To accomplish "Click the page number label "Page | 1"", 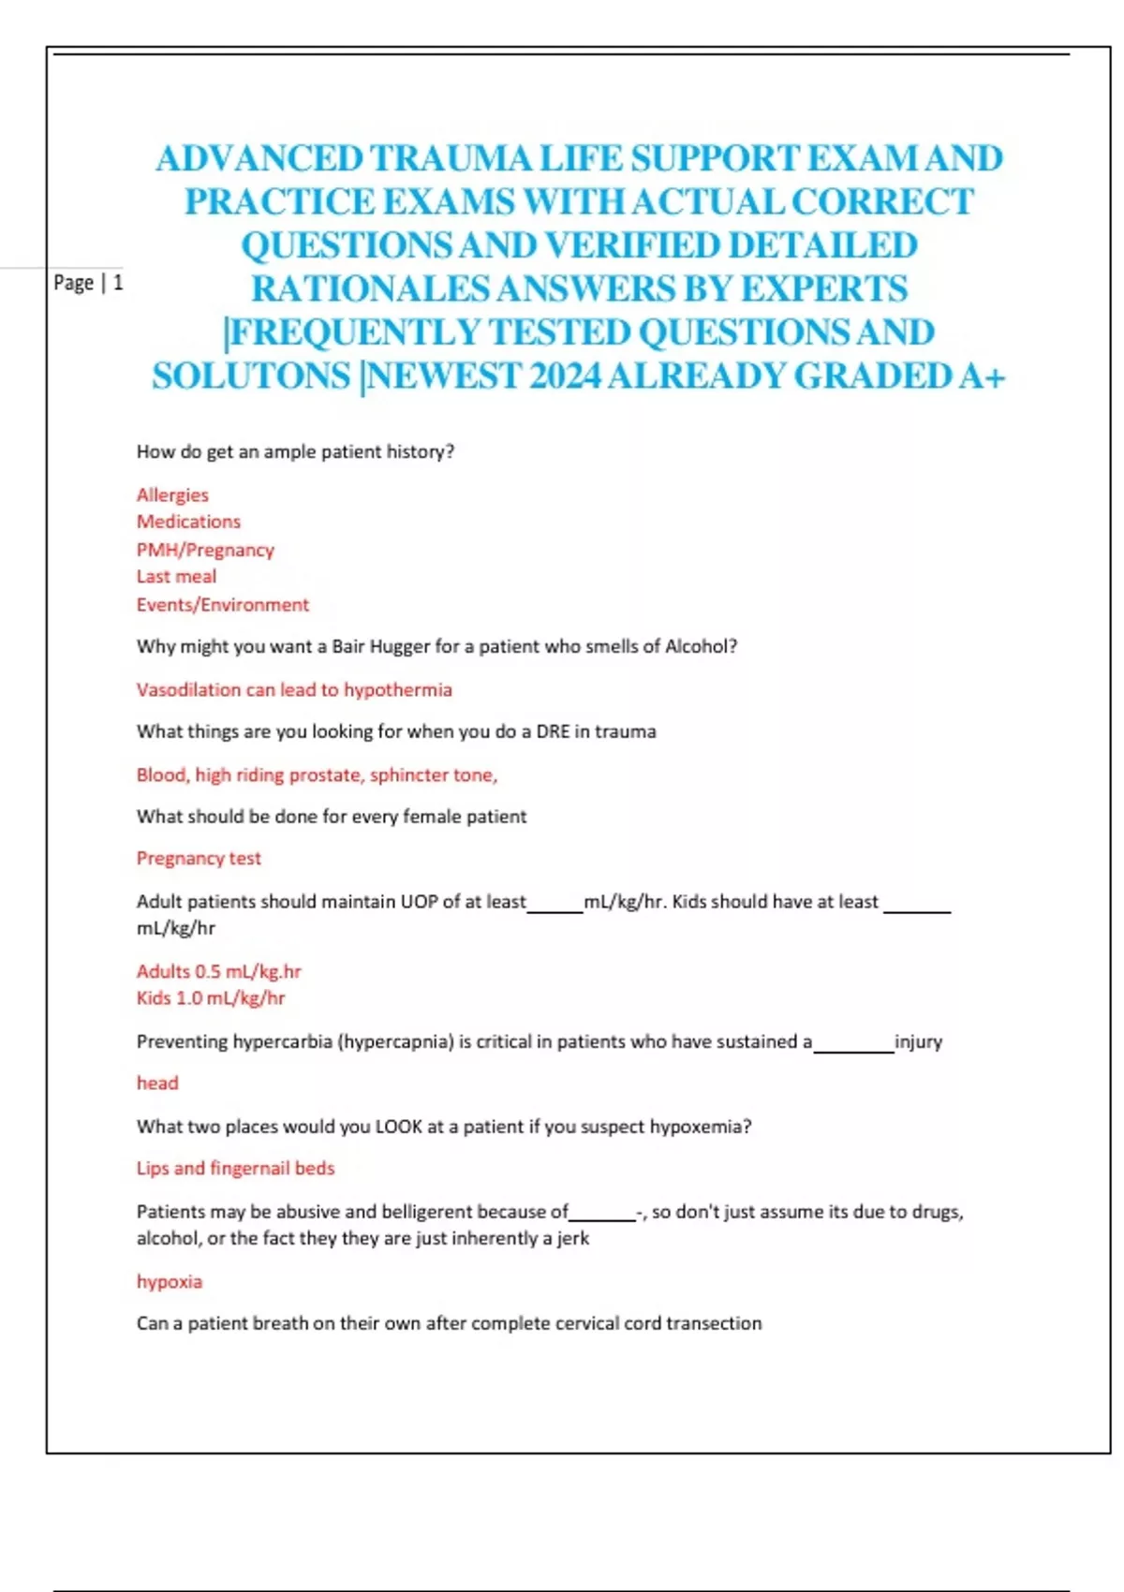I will pos(88,283).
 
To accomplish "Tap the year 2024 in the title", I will pos(564,376).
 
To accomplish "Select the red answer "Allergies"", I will pos(172,494).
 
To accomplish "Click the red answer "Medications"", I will pos(188,522).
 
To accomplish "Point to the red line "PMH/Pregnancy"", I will pos(205,550).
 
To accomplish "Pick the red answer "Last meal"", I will pos(176,577).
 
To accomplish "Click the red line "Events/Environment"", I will pos(222,605).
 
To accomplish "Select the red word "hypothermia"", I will pos(397,690).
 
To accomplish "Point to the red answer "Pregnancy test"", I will pos(199,859).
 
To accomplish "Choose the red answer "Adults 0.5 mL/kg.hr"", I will pos(218,971).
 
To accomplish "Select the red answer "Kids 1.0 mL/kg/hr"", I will pos(211,998).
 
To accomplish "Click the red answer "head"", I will pos(157,1083).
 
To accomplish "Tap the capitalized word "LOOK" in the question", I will pos(398,1127).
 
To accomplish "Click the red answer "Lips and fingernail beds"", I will pos(235,1169).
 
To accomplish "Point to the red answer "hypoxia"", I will pos(170,1282).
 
